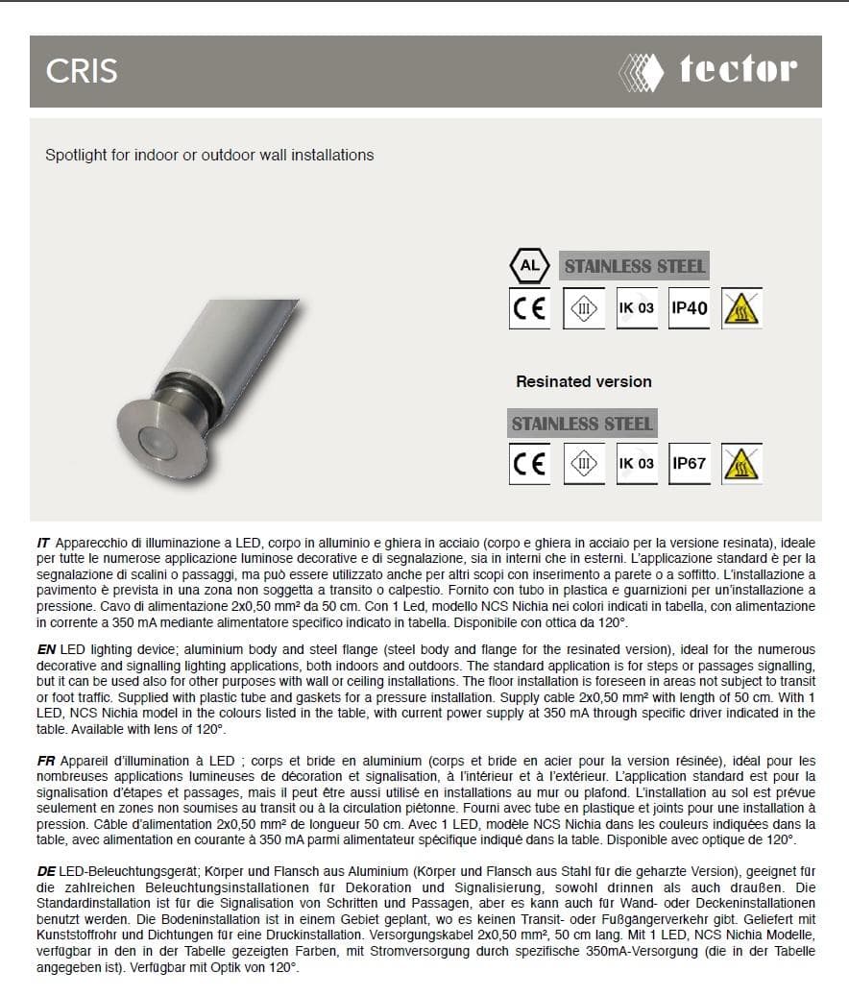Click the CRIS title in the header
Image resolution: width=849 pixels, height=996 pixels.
coord(82,72)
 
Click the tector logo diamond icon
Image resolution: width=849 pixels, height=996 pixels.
coord(641,71)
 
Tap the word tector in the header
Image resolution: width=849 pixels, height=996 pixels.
coord(738,70)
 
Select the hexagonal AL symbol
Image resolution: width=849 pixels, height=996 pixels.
coord(528,265)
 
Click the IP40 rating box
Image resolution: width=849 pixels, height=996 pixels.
coord(689,308)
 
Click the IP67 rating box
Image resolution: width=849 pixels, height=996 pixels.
coord(689,463)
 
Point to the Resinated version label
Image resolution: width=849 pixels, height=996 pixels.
coord(583,381)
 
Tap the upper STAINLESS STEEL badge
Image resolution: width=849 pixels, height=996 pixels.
coord(634,266)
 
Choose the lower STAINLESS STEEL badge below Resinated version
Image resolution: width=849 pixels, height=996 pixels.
coord(582,424)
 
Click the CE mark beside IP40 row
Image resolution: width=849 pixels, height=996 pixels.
coord(529,309)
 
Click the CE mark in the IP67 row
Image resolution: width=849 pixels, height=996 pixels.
coord(529,464)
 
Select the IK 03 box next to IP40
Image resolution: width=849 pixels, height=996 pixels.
coord(636,308)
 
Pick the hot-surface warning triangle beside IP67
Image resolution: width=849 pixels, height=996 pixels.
coord(741,464)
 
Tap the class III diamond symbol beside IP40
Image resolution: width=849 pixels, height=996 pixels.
coord(583,309)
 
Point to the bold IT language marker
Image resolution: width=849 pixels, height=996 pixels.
coord(43,545)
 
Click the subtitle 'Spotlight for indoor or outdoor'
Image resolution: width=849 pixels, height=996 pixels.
coord(209,155)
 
